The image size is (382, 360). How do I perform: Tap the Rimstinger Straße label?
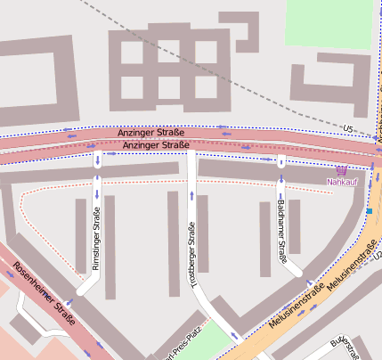tap(97, 238)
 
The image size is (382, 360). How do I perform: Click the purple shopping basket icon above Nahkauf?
tap(341, 169)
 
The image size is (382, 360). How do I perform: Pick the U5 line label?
tap(347, 130)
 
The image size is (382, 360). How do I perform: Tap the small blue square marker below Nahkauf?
tap(369, 211)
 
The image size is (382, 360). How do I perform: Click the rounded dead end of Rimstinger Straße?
tap(82, 290)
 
